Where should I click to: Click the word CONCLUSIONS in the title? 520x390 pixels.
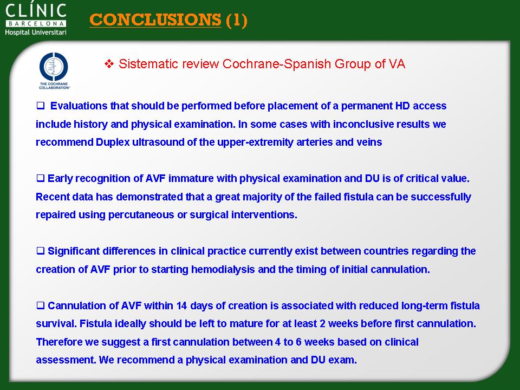click(155, 19)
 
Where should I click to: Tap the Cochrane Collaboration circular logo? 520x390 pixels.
click(54, 67)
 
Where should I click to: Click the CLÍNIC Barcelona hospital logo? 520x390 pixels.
click(36, 19)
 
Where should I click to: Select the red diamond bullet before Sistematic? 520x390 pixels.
click(109, 64)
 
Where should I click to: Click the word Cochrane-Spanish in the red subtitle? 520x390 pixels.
click(277, 64)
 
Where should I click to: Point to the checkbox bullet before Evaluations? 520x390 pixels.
click(41, 106)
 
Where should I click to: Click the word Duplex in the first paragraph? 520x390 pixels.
click(113, 142)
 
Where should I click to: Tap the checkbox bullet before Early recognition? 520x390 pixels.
click(41, 178)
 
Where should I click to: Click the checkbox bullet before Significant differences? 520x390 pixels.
click(41, 251)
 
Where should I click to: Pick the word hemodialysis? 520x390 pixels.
click(223, 269)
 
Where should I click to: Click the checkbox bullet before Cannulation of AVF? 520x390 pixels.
click(41, 305)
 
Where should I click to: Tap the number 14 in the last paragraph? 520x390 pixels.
click(182, 305)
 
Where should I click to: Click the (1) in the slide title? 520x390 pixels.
click(237, 20)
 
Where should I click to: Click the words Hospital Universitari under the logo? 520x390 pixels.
click(36, 32)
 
